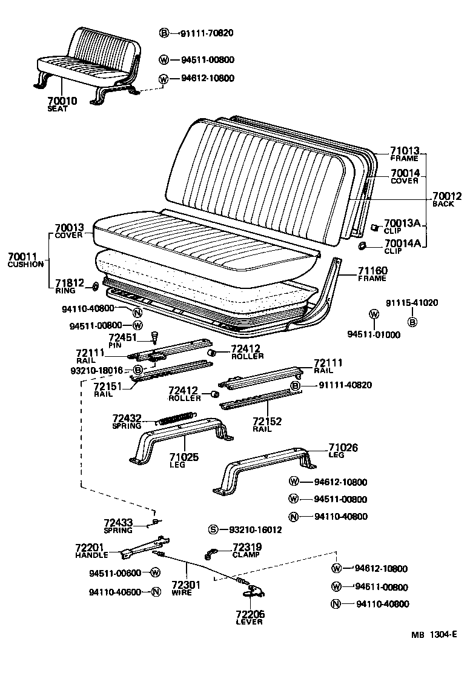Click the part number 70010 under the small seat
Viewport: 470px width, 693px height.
click(x=62, y=101)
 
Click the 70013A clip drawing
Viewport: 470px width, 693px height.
click(x=374, y=227)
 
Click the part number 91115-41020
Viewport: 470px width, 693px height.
click(x=412, y=303)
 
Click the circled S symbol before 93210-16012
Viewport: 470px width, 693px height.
click(x=213, y=529)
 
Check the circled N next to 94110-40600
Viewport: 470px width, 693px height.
click(x=156, y=592)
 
